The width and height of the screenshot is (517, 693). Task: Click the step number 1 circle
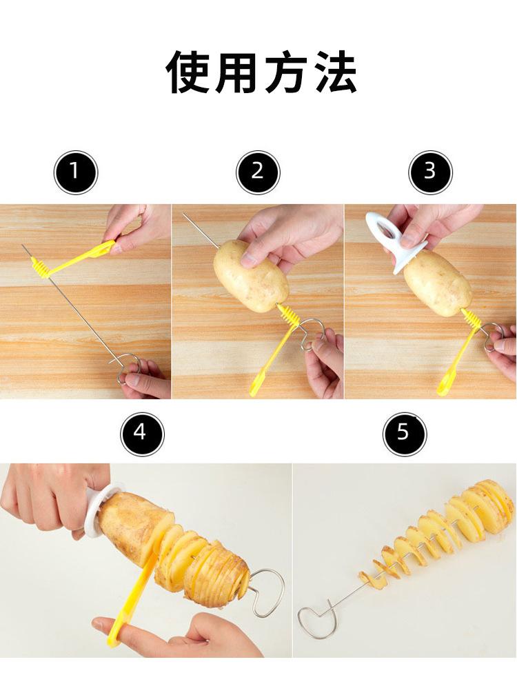tap(76, 172)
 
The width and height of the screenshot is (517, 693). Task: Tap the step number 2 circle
tap(258, 172)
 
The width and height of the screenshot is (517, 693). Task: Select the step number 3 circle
tap(430, 172)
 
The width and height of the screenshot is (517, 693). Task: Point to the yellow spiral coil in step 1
tap(41, 268)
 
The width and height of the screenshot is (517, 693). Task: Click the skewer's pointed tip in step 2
tap(183, 214)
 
